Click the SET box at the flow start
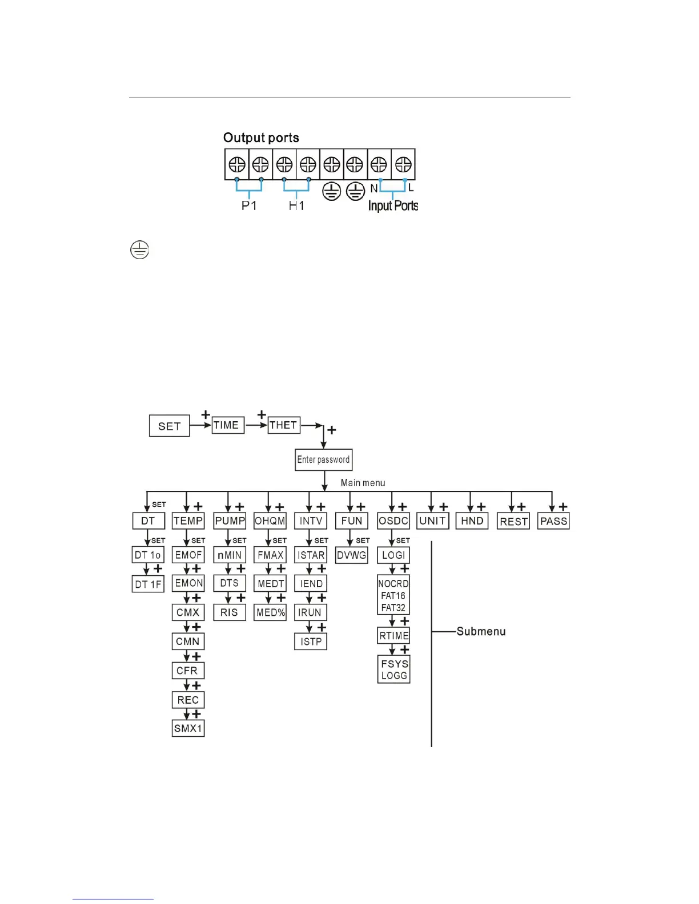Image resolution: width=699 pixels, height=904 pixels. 169,426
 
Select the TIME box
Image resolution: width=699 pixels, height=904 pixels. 228,425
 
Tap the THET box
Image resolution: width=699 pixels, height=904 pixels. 284,425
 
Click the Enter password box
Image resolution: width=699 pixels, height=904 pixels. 323,459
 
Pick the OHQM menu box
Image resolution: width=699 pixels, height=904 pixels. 270,521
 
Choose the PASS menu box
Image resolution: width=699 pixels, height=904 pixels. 553,521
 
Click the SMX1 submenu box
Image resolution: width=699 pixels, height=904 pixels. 188,728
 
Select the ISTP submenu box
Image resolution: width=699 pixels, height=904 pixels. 311,641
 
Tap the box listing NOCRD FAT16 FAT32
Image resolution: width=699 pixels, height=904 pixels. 393,595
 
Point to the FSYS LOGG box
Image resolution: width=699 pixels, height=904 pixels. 394,669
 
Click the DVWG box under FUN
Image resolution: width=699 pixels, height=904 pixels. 351,555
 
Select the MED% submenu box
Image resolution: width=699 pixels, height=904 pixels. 270,612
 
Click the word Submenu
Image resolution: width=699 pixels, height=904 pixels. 481,631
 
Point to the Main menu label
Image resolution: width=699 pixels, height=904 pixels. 363,483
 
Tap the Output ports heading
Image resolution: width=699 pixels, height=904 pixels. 261,138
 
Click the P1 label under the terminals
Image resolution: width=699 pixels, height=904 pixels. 249,205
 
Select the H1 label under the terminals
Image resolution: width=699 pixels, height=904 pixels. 296,205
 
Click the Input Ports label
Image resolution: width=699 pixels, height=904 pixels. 393,205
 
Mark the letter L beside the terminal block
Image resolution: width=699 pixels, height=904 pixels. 411,188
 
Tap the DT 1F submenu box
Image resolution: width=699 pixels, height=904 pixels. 148,584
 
